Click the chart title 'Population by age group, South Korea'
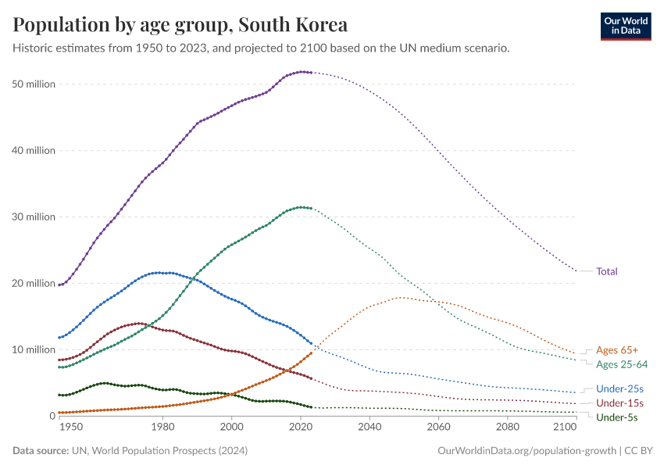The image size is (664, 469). [180, 25]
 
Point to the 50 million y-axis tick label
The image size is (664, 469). [34, 84]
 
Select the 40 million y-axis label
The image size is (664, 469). [34, 150]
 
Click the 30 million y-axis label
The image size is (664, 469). [34, 217]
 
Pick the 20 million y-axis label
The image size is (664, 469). [34, 283]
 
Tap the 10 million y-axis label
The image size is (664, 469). [34, 349]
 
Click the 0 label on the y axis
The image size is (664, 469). [51, 416]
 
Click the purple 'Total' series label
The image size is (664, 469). [607, 271]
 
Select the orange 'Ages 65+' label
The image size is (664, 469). [617, 350]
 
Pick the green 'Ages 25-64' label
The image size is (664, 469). [622, 364]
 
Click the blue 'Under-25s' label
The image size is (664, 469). [619, 388]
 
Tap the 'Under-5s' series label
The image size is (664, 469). [617, 417]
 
